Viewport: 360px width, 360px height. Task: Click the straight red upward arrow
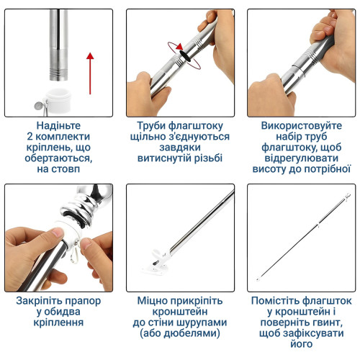90,73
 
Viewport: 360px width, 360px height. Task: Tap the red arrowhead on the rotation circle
179,47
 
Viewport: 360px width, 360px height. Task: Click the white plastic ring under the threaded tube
58,100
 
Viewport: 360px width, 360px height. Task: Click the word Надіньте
58,125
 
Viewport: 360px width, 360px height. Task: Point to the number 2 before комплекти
30,136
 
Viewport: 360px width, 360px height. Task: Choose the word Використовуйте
302,125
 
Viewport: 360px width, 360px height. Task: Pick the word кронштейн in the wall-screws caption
180,312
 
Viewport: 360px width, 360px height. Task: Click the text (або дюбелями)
180,333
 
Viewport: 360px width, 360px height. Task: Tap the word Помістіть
275,301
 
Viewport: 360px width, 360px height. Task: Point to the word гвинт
330,323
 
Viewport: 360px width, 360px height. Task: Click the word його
302,344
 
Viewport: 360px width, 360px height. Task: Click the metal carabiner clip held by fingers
76,255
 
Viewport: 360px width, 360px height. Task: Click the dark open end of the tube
185,55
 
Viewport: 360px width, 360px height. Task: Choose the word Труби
151,126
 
